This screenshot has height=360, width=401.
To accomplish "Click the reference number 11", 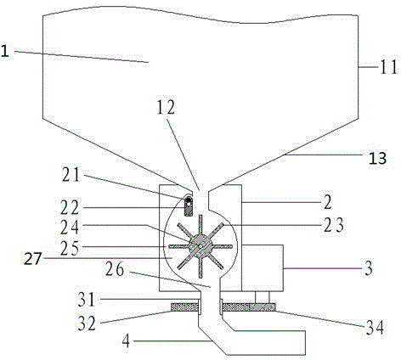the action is tap(388, 67).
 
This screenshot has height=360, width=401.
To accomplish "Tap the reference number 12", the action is tap(166, 107).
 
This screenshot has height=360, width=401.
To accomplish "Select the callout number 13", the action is tap(377, 158).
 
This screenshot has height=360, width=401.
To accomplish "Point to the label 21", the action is tap(71, 176).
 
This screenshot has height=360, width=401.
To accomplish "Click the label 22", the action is tap(70, 208).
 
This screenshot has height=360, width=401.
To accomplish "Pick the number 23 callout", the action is tap(334, 225).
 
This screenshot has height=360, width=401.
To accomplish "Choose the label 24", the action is tap(70, 228).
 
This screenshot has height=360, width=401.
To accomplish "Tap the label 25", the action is tap(70, 249).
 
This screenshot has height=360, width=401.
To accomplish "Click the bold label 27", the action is tap(33, 259).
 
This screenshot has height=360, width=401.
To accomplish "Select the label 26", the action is tap(115, 269).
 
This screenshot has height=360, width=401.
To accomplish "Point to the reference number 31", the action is tap(87, 300).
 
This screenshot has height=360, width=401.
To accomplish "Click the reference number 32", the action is tap(87, 323).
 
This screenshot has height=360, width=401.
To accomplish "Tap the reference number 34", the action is tap(375, 328).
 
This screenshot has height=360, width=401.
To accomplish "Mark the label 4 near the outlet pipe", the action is tap(126, 341).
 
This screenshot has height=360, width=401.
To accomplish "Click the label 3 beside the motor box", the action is tap(369, 268).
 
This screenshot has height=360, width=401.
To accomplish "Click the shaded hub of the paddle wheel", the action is tap(200, 246).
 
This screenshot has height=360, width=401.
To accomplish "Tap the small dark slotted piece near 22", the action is tap(188, 206).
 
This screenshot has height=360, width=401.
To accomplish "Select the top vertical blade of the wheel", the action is tap(200, 225).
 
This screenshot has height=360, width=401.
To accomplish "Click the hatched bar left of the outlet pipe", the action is tap(184, 307).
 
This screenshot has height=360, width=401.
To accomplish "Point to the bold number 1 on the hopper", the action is tap(5, 51).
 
